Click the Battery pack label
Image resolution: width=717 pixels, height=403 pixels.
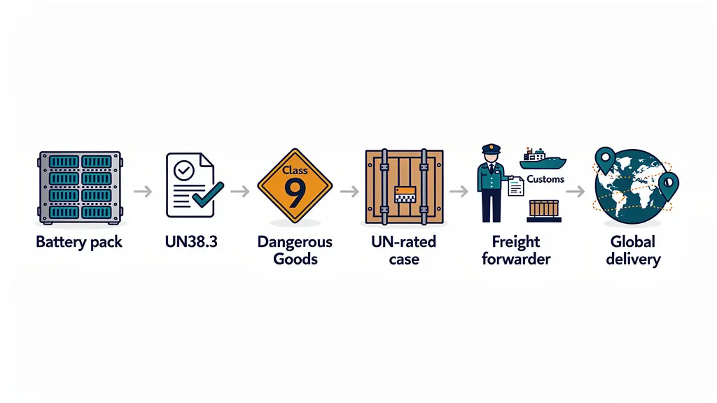pos(79,241)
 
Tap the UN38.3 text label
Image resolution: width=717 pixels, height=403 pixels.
pos(191,241)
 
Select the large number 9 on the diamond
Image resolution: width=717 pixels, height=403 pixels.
pos(295,192)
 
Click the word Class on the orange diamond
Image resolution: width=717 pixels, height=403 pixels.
pos(295,171)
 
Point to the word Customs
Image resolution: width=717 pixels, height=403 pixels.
pos(545,179)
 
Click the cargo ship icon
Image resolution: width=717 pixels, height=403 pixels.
pos(543,159)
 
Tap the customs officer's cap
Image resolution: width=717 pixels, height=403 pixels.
pos(491,149)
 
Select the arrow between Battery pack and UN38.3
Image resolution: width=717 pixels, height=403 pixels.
pos(143,191)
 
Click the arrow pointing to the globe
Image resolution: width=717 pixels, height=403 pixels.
pos(576,191)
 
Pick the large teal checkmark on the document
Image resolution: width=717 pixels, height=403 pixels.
pos(209,195)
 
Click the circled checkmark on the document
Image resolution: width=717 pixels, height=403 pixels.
pos(184,171)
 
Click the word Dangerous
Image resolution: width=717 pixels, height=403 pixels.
pos(295,241)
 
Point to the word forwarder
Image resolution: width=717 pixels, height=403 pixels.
pos(516,259)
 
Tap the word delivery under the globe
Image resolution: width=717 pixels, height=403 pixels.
pos(633,259)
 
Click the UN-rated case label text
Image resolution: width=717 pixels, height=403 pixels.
pos(404,250)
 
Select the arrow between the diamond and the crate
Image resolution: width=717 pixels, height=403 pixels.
pos(349,191)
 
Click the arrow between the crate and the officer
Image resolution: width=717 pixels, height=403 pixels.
pos(459,191)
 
